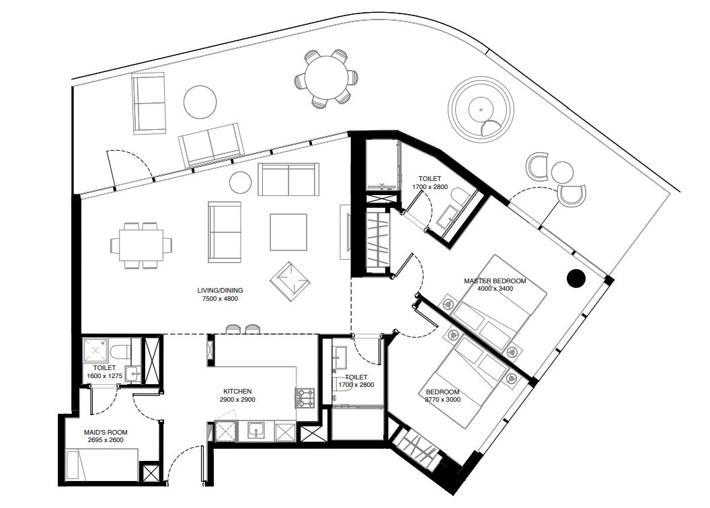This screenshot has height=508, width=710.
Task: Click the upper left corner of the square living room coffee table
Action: click(270, 214)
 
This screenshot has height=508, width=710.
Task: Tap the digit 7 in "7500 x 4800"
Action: click(204, 299)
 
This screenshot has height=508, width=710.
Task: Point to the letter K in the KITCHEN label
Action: click(225, 391)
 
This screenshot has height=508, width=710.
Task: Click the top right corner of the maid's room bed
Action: click(138, 449)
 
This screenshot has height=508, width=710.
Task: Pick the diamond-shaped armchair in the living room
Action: click(290, 281)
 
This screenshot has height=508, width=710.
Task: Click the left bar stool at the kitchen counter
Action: click(233, 328)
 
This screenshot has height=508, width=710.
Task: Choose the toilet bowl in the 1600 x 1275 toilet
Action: click(120, 351)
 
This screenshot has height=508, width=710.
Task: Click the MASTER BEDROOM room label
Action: click(495, 281)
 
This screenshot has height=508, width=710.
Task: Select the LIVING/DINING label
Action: click(220, 291)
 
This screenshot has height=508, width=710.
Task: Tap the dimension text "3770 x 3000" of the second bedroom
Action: click(442, 399)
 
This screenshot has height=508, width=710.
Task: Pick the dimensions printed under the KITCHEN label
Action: click(237, 399)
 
